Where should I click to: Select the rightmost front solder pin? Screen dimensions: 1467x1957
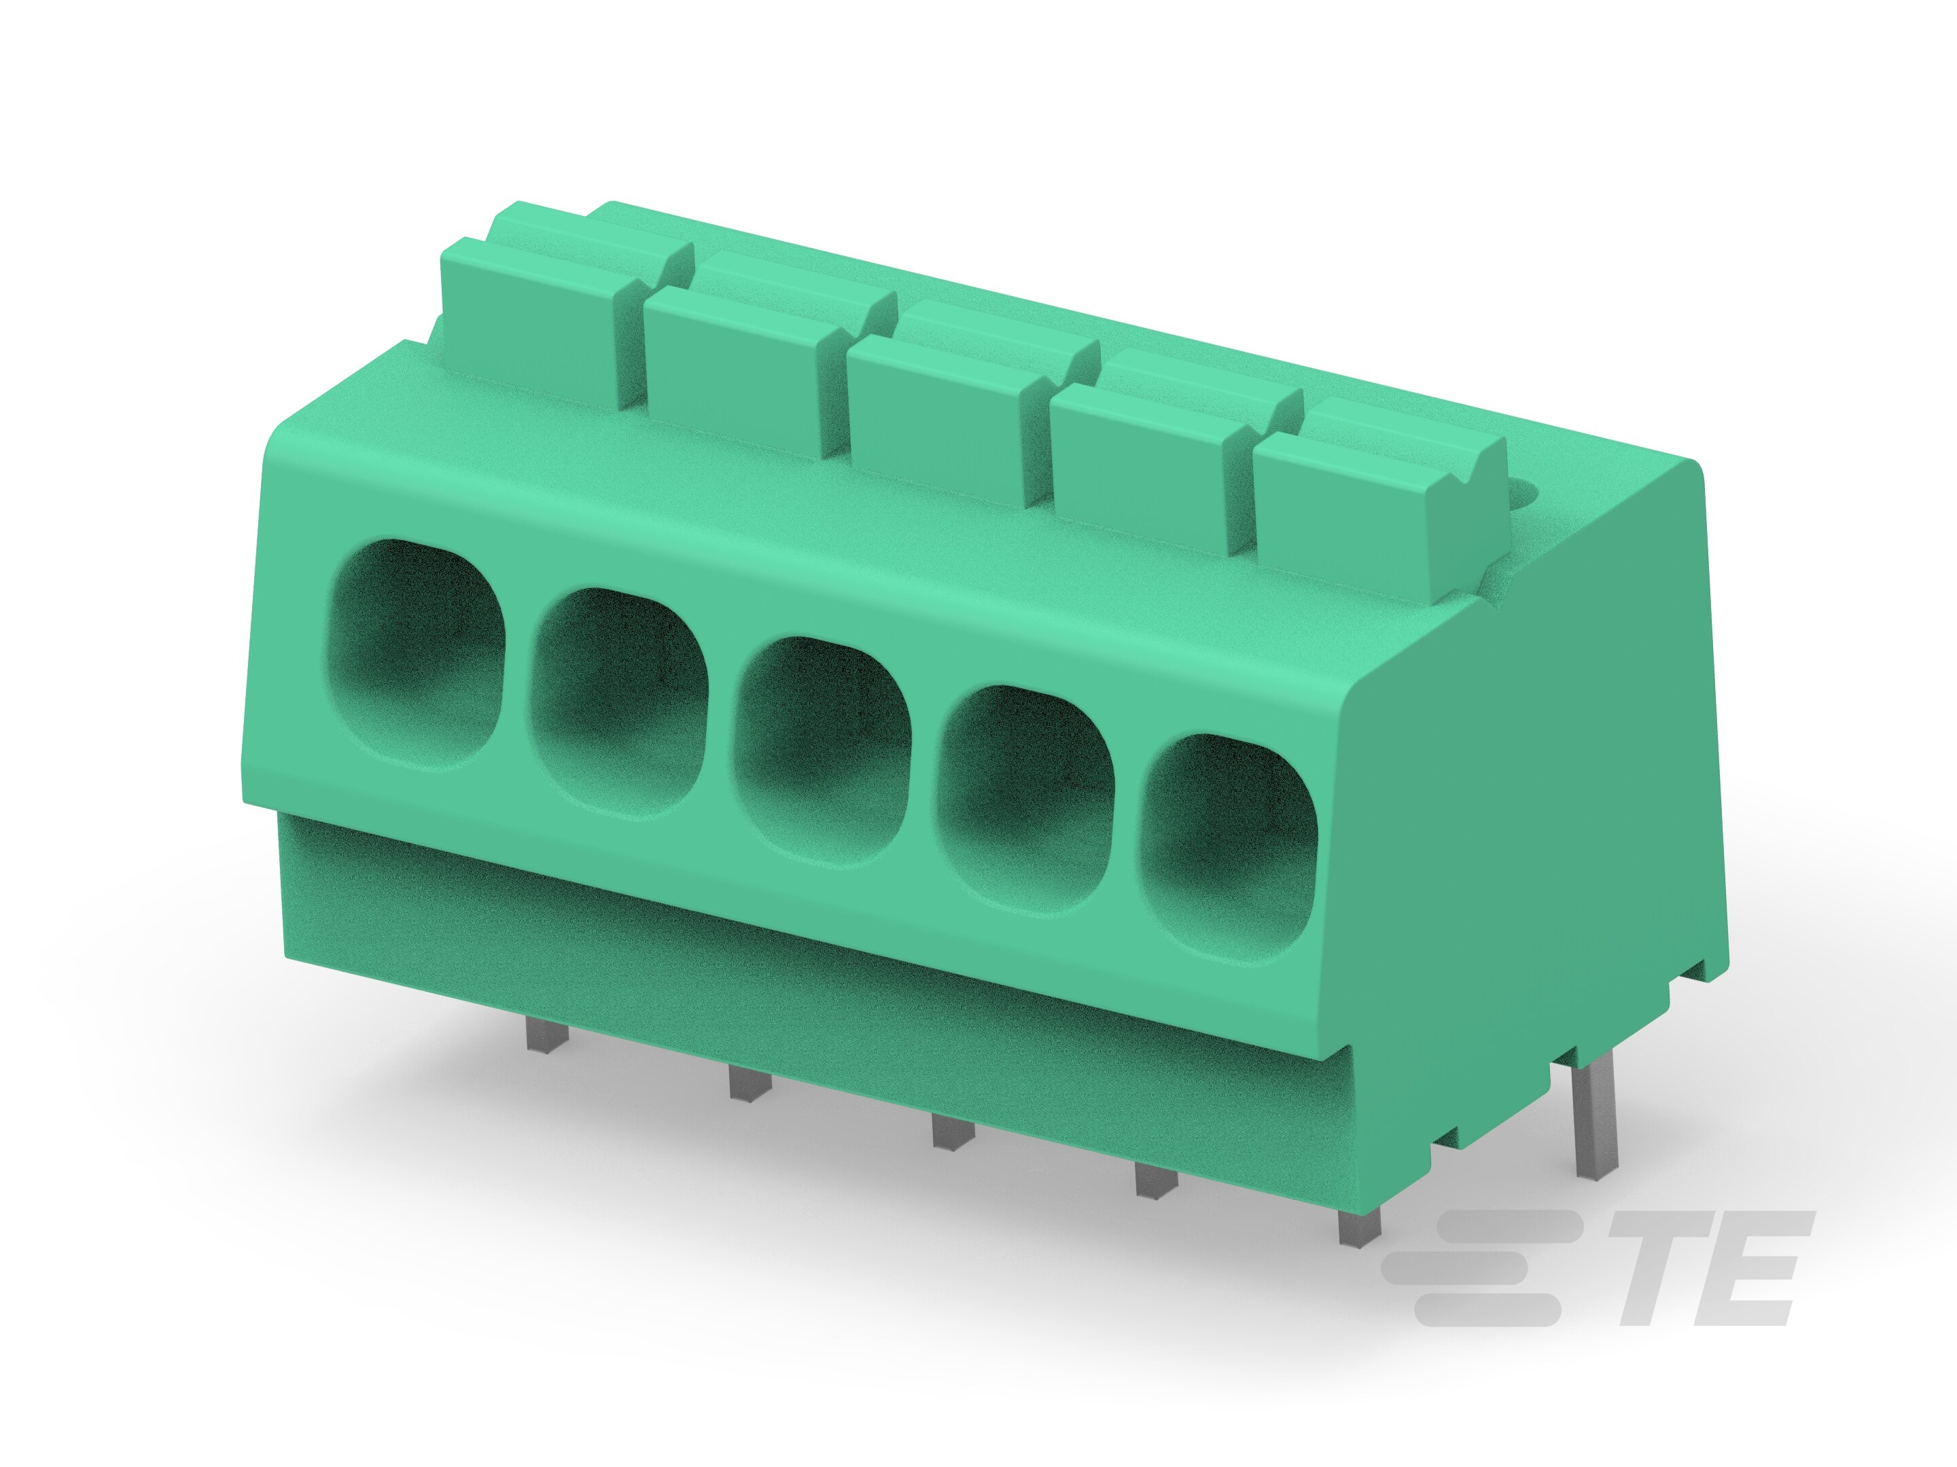[1359, 1229]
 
